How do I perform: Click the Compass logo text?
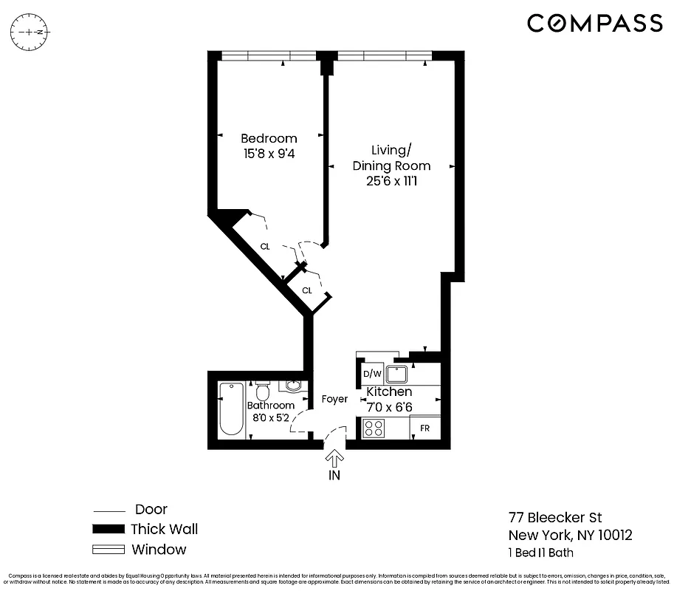pos(594,24)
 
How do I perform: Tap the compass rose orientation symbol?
pos(30,33)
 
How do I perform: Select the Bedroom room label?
pos(269,138)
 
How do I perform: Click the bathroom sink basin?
pos(292,386)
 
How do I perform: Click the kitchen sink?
pos(398,374)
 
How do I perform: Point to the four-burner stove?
pos(373,428)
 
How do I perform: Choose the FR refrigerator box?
pos(425,428)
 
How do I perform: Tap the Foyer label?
pos(334,399)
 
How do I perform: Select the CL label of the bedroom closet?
pos(264,247)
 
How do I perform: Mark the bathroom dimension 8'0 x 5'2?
pos(270,417)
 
